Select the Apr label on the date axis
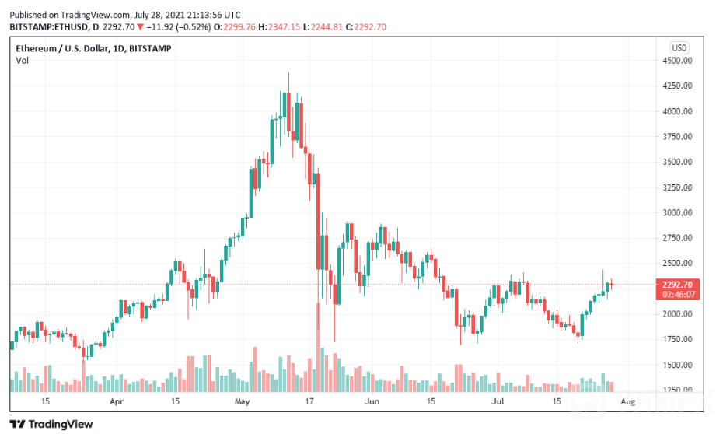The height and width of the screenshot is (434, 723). (117, 401)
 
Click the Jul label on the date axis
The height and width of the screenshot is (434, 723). (497, 401)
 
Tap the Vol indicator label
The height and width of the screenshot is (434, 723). (23, 61)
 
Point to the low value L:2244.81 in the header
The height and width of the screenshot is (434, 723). (327, 27)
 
